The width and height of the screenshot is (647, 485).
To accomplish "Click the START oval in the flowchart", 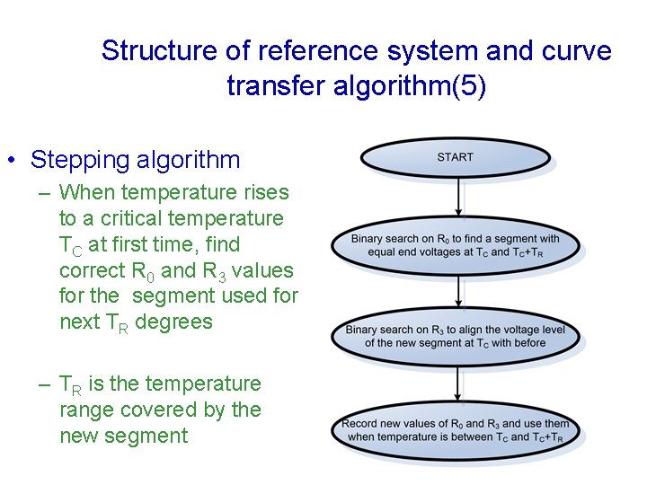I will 455,157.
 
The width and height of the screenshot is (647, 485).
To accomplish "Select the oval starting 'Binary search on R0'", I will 455,245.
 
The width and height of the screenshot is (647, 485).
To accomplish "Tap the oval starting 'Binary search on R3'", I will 455,336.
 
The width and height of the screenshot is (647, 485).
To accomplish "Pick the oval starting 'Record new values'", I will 455,429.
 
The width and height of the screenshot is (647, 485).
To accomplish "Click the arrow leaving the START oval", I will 460,198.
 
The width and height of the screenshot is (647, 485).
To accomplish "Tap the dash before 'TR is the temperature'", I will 45,384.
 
